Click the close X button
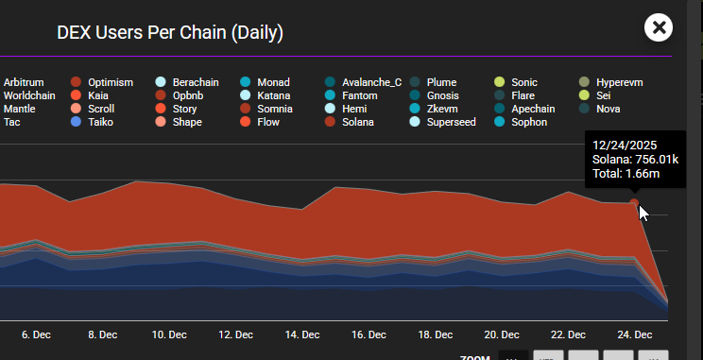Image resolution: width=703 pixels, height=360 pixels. tap(659, 27)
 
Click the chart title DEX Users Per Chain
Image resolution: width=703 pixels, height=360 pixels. tap(170, 33)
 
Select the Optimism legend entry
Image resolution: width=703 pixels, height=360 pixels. tap(111, 83)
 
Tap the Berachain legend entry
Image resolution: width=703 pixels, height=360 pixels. tap(195, 83)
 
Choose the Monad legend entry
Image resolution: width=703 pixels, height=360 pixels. tap(273, 83)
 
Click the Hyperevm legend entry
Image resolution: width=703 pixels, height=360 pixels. tap(620, 83)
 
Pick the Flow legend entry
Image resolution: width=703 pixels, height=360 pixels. tap(267, 123)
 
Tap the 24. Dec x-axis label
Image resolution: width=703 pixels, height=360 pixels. tap(634, 334)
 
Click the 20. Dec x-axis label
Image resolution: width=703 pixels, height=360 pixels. tap(502, 334)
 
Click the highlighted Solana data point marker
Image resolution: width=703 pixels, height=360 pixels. tap(634, 202)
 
